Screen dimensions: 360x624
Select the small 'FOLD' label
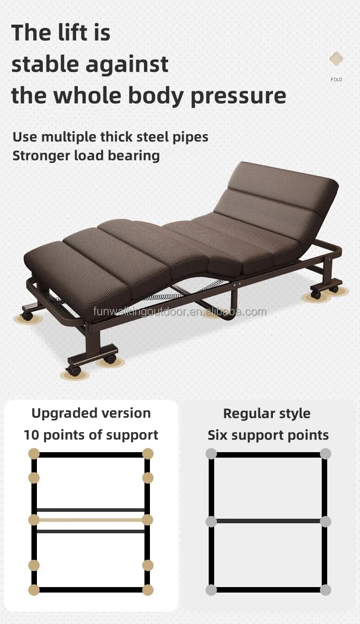point(336,80)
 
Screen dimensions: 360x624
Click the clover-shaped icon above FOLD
point(336,59)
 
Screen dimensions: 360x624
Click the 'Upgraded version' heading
point(91,413)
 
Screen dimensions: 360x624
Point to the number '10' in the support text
point(32,435)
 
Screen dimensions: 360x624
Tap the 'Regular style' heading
point(267,413)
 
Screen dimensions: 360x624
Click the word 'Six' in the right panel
point(218,435)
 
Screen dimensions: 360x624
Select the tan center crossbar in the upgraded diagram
point(91,520)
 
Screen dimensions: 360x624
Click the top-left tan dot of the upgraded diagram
point(34,454)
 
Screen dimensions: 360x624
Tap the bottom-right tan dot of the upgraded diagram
point(147,590)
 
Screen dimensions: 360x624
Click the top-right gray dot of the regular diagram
point(325,454)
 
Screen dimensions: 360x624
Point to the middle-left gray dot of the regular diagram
point(211,521)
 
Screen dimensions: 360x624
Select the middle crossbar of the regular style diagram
point(268,521)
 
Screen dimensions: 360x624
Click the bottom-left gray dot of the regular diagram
point(211,590)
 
